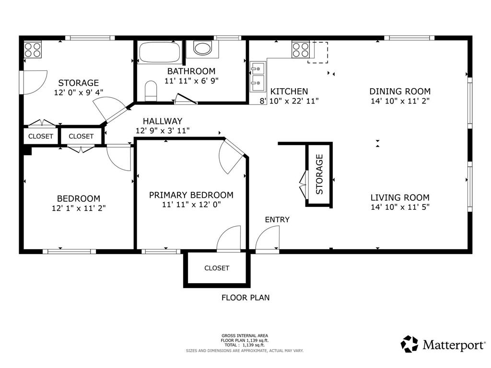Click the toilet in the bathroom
point(151,91)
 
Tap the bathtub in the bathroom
point(160,52)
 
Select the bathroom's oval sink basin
point(203,48)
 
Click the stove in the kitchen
point(301,50)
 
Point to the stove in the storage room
point(33,50)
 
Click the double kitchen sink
point(257,77)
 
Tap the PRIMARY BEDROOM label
point(191,195)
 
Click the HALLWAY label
point(163,121)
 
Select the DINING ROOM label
point(400,92)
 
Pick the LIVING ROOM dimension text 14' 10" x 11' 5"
point(400,207)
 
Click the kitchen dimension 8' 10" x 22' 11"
point(289,101)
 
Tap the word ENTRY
point(277,219)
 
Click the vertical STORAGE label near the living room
point(319,174)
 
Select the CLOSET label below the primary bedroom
point(217,268)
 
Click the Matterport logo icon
point(409,344)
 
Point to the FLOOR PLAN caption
point(245,298)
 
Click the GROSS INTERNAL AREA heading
point(245,336)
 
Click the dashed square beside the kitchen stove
point(317,52)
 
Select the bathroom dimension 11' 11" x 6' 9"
point(191,80)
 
